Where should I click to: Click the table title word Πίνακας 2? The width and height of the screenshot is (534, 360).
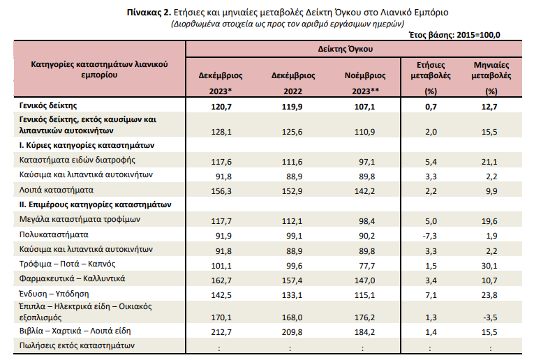(x=149, y=13)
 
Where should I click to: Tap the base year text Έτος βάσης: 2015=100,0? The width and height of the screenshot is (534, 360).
(x=454, y=35)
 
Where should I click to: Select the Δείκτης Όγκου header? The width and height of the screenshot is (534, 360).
(x=346, y=49)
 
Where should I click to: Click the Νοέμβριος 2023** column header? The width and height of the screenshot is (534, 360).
(x=365, y=83)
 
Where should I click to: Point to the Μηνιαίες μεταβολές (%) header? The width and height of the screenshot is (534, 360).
(x=491, y=78)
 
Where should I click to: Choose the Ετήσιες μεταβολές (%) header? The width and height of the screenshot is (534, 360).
(x=431, y=78)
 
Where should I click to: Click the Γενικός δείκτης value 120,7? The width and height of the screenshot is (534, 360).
(x=221, y=107)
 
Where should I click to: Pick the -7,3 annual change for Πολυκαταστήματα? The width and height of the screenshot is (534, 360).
(x=430, y=236)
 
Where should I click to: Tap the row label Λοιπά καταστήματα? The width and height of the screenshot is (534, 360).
(x=57, y=190)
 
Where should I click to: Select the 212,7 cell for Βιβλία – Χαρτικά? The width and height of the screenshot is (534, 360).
(x=221, y=332)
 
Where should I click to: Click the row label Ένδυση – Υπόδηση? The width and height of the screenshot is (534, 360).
(x=54, y=294)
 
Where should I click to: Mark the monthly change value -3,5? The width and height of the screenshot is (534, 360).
(x=490, y=317)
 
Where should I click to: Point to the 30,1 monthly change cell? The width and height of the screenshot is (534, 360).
(x=489, y=265)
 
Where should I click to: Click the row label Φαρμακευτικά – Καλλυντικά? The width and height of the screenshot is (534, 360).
(x=72, y=278)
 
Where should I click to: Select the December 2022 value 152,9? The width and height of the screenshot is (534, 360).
(x=292, y=191)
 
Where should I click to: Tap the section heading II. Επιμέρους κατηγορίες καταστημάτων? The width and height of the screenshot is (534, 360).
(x=96, y=205)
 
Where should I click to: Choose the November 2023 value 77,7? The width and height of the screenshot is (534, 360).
(x=366, y=265)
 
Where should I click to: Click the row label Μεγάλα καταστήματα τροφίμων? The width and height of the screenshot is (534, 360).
(x=80, y=220)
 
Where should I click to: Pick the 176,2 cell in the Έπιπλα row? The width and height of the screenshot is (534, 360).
(x=365, y=317)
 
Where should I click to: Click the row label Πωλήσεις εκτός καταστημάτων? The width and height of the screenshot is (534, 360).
(x=77, y=346)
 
